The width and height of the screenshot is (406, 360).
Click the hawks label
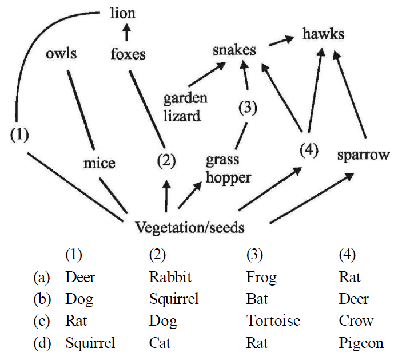(x=324, y=34)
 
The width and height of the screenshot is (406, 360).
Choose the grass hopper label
(x=228, y=168)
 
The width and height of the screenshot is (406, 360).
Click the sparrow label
(x=363, y=155)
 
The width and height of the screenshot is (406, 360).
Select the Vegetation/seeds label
(x=190, y=228)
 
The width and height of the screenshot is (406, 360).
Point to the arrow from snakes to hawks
(x=280, y=42)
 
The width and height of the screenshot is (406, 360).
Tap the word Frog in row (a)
(x=261, y=278)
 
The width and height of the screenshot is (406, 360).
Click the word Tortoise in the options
(x=273, y=321)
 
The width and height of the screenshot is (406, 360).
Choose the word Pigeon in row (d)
(x=361, y=343)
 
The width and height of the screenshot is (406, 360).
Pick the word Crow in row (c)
(x=356, y=321)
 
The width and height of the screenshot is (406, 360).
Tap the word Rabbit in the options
(x=170, y=278)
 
